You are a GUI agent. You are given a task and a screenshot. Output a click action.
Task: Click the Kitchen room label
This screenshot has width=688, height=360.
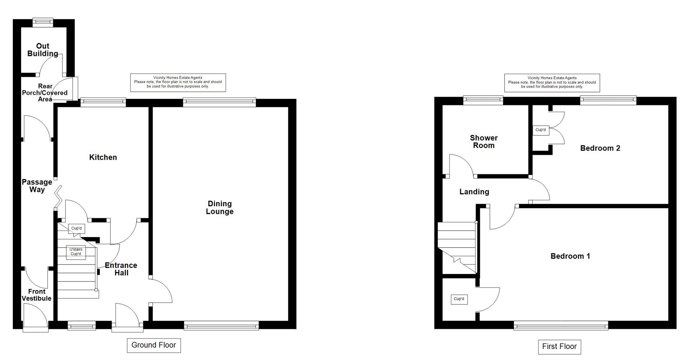[103, 157]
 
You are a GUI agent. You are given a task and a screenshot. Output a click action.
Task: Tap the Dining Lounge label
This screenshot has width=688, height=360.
[219, 207]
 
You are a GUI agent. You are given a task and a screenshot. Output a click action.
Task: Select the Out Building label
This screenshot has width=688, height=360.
[43, 50]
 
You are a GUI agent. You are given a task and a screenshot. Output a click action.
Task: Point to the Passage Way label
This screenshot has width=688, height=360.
[37, 186]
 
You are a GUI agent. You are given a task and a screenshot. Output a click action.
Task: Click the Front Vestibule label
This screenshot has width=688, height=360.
[37, 295]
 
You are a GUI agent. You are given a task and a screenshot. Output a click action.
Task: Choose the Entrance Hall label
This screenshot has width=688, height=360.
[121, 269]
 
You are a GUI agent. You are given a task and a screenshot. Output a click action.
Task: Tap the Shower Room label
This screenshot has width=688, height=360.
[484, 141]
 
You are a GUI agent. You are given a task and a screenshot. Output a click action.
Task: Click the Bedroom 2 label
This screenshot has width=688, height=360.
[600, 148]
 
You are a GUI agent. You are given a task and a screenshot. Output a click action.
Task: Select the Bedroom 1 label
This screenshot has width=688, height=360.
[570, 256]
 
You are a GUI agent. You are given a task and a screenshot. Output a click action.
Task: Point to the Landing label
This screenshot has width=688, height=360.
[474, 192]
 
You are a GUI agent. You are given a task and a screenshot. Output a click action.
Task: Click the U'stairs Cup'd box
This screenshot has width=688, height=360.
[76, 252]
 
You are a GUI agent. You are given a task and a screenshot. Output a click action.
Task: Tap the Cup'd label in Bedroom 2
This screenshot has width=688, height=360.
[540, 130]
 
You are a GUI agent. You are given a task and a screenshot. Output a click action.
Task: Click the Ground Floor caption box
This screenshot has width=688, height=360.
[154, 345]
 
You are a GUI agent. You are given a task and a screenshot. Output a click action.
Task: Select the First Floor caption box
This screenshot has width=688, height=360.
[559, 346]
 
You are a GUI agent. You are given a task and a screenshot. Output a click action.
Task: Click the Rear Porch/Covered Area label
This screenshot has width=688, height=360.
[45, 92]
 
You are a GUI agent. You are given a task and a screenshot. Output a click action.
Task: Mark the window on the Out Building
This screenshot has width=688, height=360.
[43, 22]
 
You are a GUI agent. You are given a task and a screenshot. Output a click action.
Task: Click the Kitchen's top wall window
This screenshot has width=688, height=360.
[103, 102]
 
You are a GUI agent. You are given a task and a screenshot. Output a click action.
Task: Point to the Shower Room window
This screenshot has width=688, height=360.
[483, 100]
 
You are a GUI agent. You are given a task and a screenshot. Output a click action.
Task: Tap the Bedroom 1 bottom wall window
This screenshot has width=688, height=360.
[561, 325]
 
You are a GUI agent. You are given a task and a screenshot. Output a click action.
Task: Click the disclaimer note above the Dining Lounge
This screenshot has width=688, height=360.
[178, 82]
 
